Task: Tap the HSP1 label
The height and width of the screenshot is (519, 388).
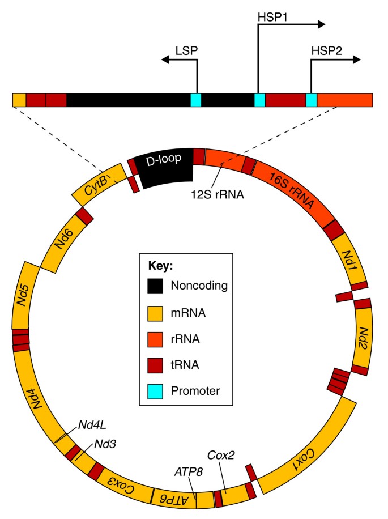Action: click(270, 17)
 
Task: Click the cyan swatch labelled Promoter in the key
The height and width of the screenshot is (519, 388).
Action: click(155, 390)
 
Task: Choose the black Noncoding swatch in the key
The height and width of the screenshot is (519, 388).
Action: click(155, 286)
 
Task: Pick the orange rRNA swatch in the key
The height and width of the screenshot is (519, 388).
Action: click(155, 338)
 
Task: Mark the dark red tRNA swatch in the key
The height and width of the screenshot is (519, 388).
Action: click(155, 364)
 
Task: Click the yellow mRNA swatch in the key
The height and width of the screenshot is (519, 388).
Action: click(155, 312)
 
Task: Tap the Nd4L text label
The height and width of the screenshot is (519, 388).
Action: click(90, 423)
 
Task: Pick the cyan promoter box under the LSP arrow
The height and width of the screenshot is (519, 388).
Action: click(195, 100)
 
